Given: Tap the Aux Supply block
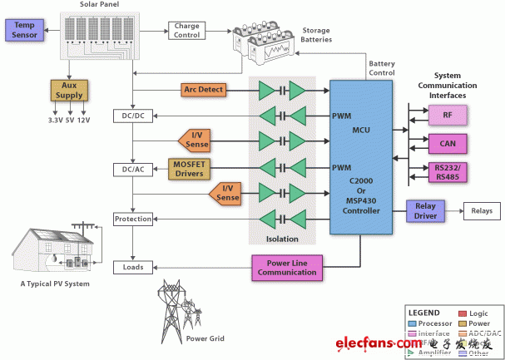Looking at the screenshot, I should pyautogui.click(x=68, y=89).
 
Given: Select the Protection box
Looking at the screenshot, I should pyautogui.click(x=133, y=219).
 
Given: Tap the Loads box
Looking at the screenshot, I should pyautogui.click(x=133, y=268).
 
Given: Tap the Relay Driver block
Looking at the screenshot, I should pyautogui.click(x=426, y=212).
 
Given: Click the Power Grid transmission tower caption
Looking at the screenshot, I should pyautogui.click(x=205, y=338).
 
